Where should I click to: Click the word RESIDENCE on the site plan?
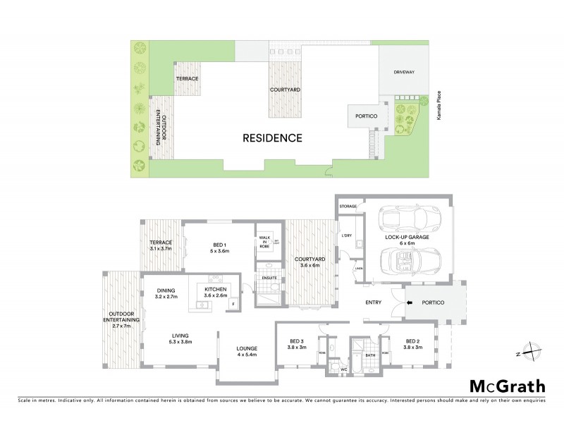point(273,138)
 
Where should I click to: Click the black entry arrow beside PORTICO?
point(410,302)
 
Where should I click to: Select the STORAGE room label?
point(348,207)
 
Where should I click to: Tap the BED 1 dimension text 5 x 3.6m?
point(220,251)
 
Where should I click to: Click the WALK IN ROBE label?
point(265,240)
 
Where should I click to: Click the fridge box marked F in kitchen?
point(233,304)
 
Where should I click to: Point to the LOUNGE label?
point(247,348)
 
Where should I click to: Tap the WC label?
point(345,369)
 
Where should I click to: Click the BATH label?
point(369,355)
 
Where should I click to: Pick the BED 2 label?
point(414,341)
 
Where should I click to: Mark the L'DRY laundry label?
point(347,235)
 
